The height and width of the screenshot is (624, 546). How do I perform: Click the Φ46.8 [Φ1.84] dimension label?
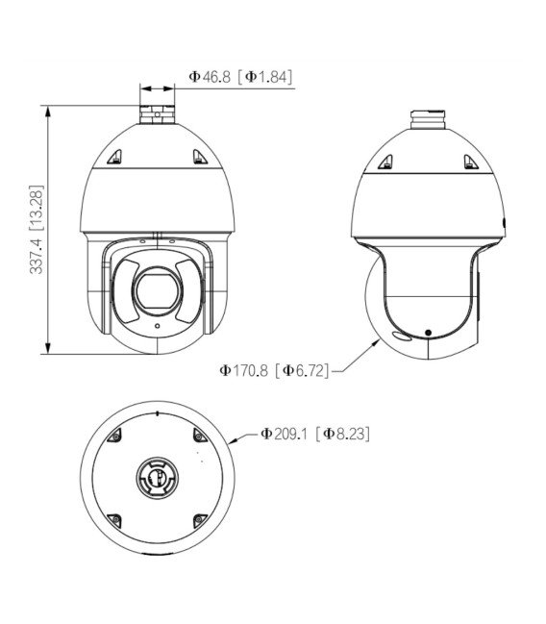240,76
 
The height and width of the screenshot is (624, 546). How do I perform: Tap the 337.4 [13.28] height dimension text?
37,230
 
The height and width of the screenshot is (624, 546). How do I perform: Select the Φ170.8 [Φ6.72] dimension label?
274,370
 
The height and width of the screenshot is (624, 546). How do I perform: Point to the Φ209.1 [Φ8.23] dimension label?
314,434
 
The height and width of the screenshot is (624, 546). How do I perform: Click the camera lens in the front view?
159,290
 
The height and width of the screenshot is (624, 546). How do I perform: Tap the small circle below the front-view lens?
158,326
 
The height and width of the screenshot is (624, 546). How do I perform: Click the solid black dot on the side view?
428,333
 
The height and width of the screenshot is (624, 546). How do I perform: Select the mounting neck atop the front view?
158,114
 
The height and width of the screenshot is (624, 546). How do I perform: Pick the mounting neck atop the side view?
428,120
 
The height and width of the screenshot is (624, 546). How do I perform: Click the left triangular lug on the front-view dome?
114,157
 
